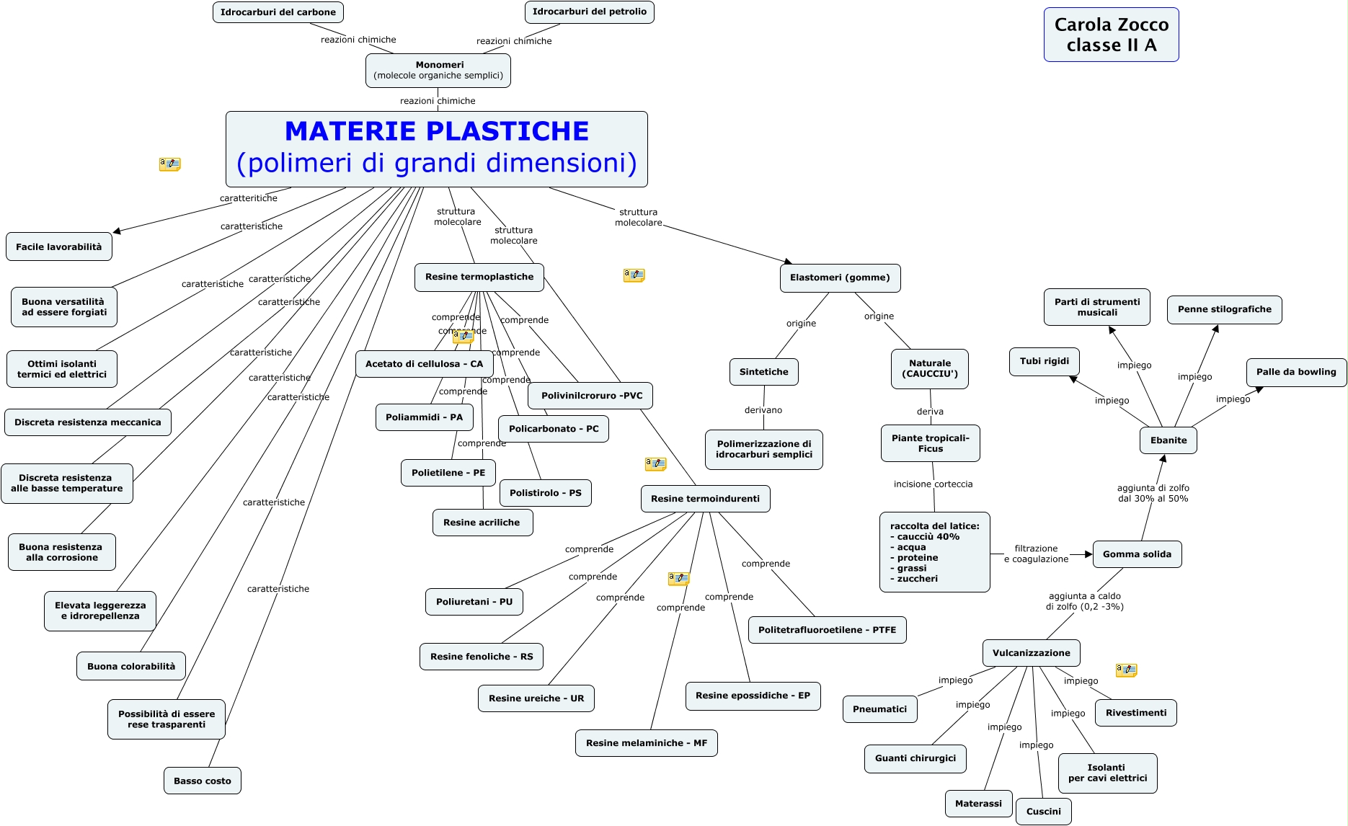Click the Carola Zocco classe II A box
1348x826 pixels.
tap(1111, 35)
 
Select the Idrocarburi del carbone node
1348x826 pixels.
tap(278, 12)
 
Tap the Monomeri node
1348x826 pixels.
tap(438, 71)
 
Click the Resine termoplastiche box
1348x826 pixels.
tap(479, 277)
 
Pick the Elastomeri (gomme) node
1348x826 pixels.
tap(840, 278)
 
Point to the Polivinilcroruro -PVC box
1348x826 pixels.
tap(591, 396)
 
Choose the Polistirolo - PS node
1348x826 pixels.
tap(546, 493)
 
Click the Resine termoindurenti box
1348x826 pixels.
tap(706, 499)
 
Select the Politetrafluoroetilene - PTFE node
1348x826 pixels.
tap(828, 630)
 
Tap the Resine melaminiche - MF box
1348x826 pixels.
tap(647, 743)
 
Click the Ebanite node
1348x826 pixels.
tap(1169, 440)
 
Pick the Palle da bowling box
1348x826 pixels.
tap(1296, 373)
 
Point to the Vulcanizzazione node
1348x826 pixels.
tap(1032, 653)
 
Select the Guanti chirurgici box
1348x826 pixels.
tap(915, 759)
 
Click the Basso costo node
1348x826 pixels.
tap(203, 781)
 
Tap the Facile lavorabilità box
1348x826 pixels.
tap(59, 247)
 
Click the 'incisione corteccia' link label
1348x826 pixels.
tap(933, 484)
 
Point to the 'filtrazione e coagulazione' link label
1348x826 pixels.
tap(1036, 554)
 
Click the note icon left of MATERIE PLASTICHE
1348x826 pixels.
tap(170, 164)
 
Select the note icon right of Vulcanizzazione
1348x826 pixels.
tap(1126, 670)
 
